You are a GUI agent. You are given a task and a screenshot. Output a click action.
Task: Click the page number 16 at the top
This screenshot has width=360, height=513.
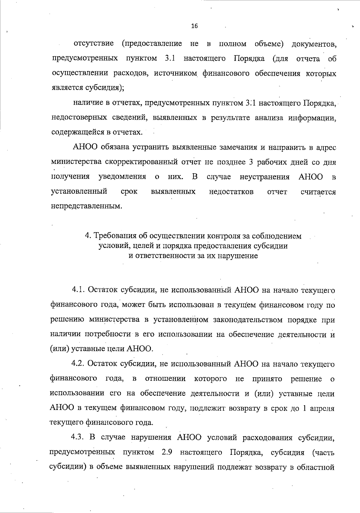point(194,26)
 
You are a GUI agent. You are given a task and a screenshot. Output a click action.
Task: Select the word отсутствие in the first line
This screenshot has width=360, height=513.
point(94,44)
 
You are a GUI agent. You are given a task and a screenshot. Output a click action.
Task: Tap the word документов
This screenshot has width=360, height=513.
point(314,44)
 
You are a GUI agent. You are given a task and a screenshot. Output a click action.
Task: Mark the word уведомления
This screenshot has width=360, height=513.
point(122,177)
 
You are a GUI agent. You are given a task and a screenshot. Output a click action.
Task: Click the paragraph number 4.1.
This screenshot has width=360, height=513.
point(79,290)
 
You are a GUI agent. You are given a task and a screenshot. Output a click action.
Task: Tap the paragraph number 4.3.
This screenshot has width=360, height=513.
point(79,437)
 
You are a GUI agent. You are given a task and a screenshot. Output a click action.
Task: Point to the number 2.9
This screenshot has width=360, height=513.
point(166,452)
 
